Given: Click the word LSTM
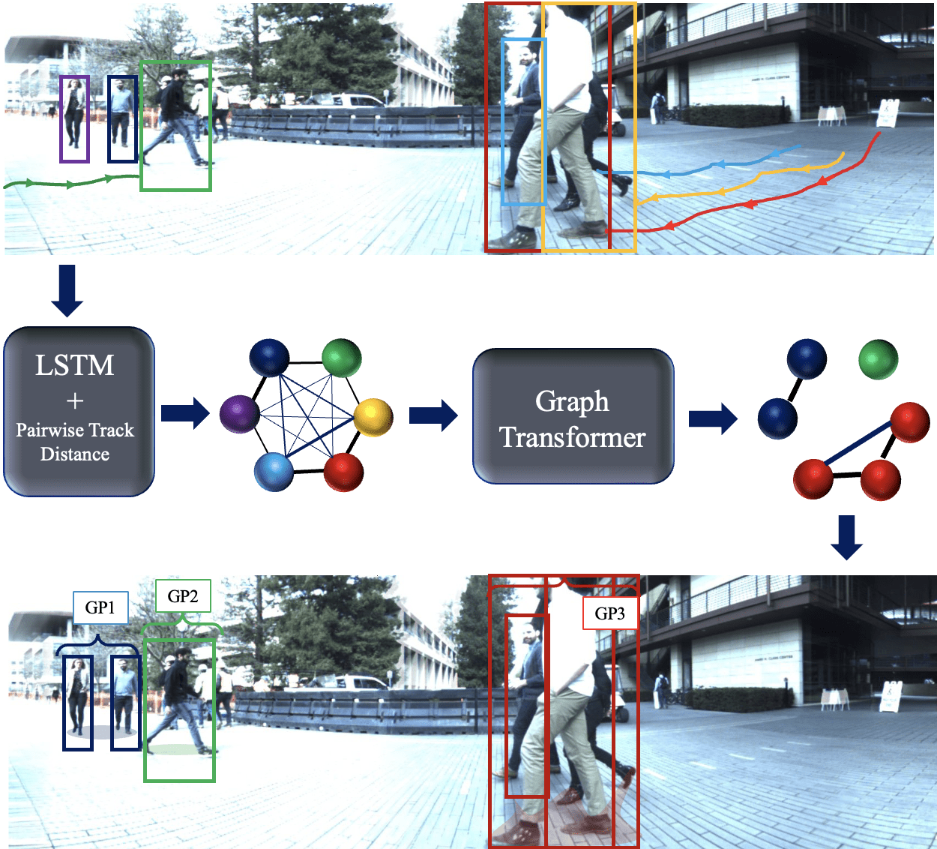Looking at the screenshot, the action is [x=75, y=365].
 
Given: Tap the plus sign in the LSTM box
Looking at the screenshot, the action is [x=75, y=401].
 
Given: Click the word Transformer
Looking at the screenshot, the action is [x=573, y=437].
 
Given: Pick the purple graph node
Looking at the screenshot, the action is [x=239, y=413].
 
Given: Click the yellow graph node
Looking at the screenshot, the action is [x=373, y=417].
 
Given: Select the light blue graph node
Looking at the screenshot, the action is [x=274, y=471].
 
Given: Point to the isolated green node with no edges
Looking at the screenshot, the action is [x=878, y=359].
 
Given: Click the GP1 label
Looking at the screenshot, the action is [x=100, y=607].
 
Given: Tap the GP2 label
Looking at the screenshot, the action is [x=183, y=596].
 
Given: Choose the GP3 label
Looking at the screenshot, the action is [x=609, y=613].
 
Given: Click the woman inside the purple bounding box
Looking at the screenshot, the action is [x=74, y=116].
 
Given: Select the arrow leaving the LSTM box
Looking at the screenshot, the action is [x=184, y=412].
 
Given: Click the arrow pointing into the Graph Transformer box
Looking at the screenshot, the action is [x=433, y=415].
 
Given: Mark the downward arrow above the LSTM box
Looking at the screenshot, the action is [x=67, y=289].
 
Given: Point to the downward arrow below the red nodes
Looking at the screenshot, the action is [x=847, y=536].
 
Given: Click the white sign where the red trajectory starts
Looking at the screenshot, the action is [x=887, y=113].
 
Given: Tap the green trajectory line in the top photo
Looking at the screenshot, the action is [x=71, y=182].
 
